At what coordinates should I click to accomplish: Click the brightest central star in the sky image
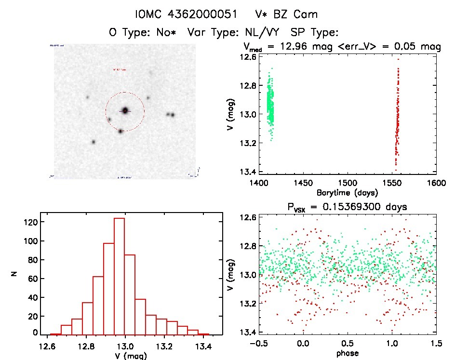click(x=125, y=110)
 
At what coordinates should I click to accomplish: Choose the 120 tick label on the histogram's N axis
click(x=30, y=222)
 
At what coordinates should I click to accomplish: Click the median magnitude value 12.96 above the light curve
click(x=288, y=47)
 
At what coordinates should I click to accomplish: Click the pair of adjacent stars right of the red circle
click(x=170, y=114)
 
